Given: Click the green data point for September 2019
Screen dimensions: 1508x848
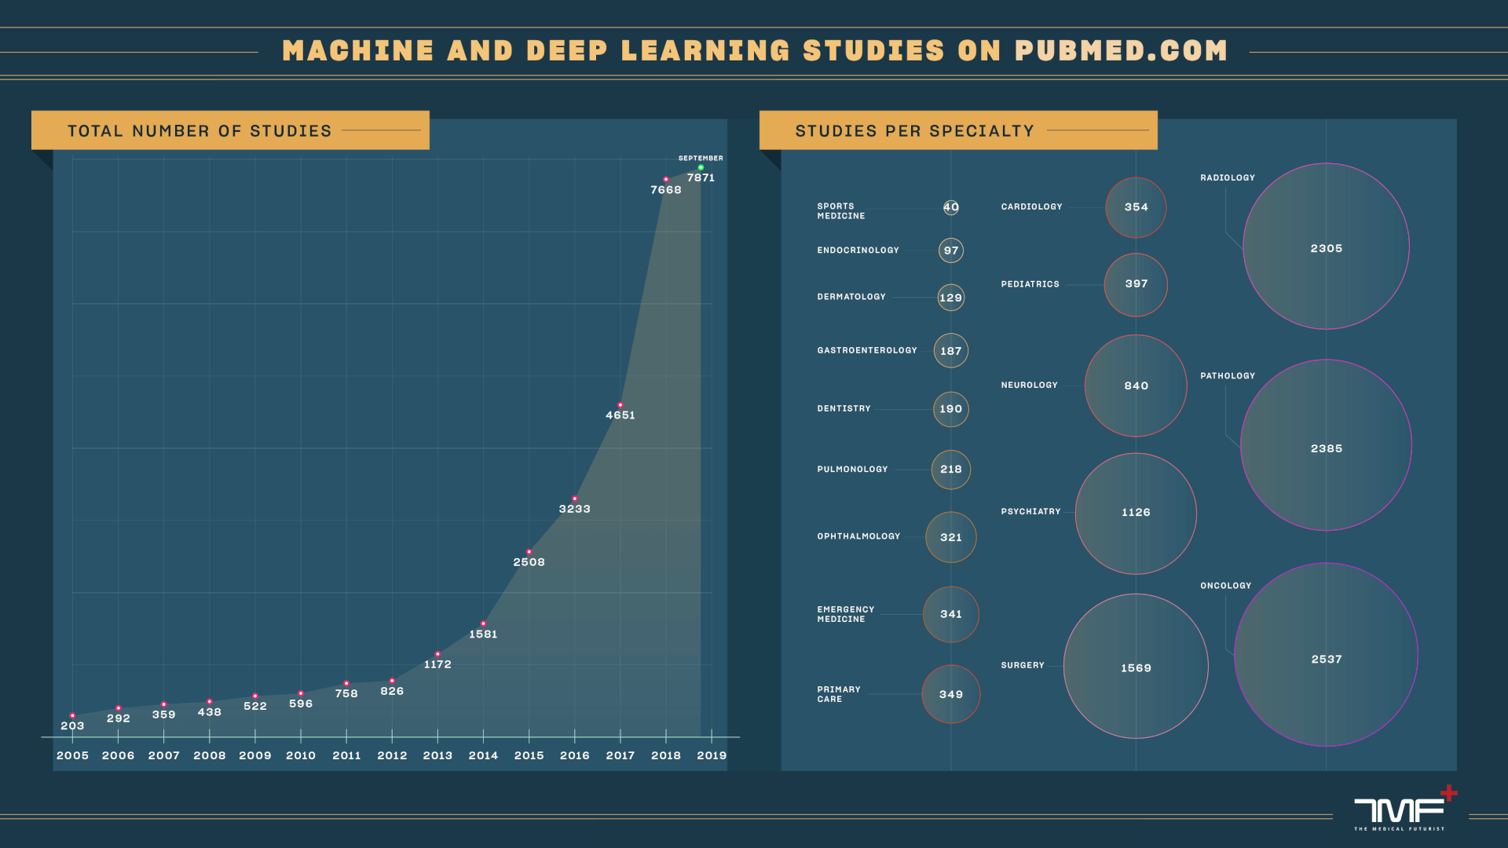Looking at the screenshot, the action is [701, 167].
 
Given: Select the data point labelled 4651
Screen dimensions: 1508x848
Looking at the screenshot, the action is [620, 405].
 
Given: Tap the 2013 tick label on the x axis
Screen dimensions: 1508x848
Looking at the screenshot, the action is [437, 755].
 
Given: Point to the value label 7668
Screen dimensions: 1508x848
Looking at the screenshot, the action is [666, 190].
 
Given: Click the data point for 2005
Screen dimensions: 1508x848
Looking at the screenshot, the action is [72, 716].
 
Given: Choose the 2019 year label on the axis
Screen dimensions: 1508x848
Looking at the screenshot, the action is [712, 755].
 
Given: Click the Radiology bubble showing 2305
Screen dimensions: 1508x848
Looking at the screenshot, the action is [1326, 247].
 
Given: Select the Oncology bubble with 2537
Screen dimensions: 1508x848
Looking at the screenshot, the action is [1326, 655].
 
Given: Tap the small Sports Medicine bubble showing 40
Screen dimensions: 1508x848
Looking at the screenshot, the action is [951, 207].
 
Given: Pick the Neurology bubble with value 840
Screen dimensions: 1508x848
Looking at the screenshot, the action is [1136, 386].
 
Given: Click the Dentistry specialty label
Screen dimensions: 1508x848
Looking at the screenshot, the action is [844, 409].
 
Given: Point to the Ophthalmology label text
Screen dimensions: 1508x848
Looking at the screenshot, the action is [858, 536].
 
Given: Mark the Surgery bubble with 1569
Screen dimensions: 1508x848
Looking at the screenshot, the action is [1136, 666].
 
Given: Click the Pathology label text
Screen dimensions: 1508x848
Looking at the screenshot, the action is [1228, 376].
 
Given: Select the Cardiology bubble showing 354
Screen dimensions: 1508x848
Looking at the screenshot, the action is [1136, 207].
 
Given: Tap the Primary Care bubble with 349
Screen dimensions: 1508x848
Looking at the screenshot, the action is [951, 694].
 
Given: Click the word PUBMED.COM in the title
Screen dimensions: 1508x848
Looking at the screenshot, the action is [1121, 51].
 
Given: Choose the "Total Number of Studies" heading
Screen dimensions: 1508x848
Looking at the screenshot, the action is [199, 131].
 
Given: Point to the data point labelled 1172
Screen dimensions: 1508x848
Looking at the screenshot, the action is [437, 654].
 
